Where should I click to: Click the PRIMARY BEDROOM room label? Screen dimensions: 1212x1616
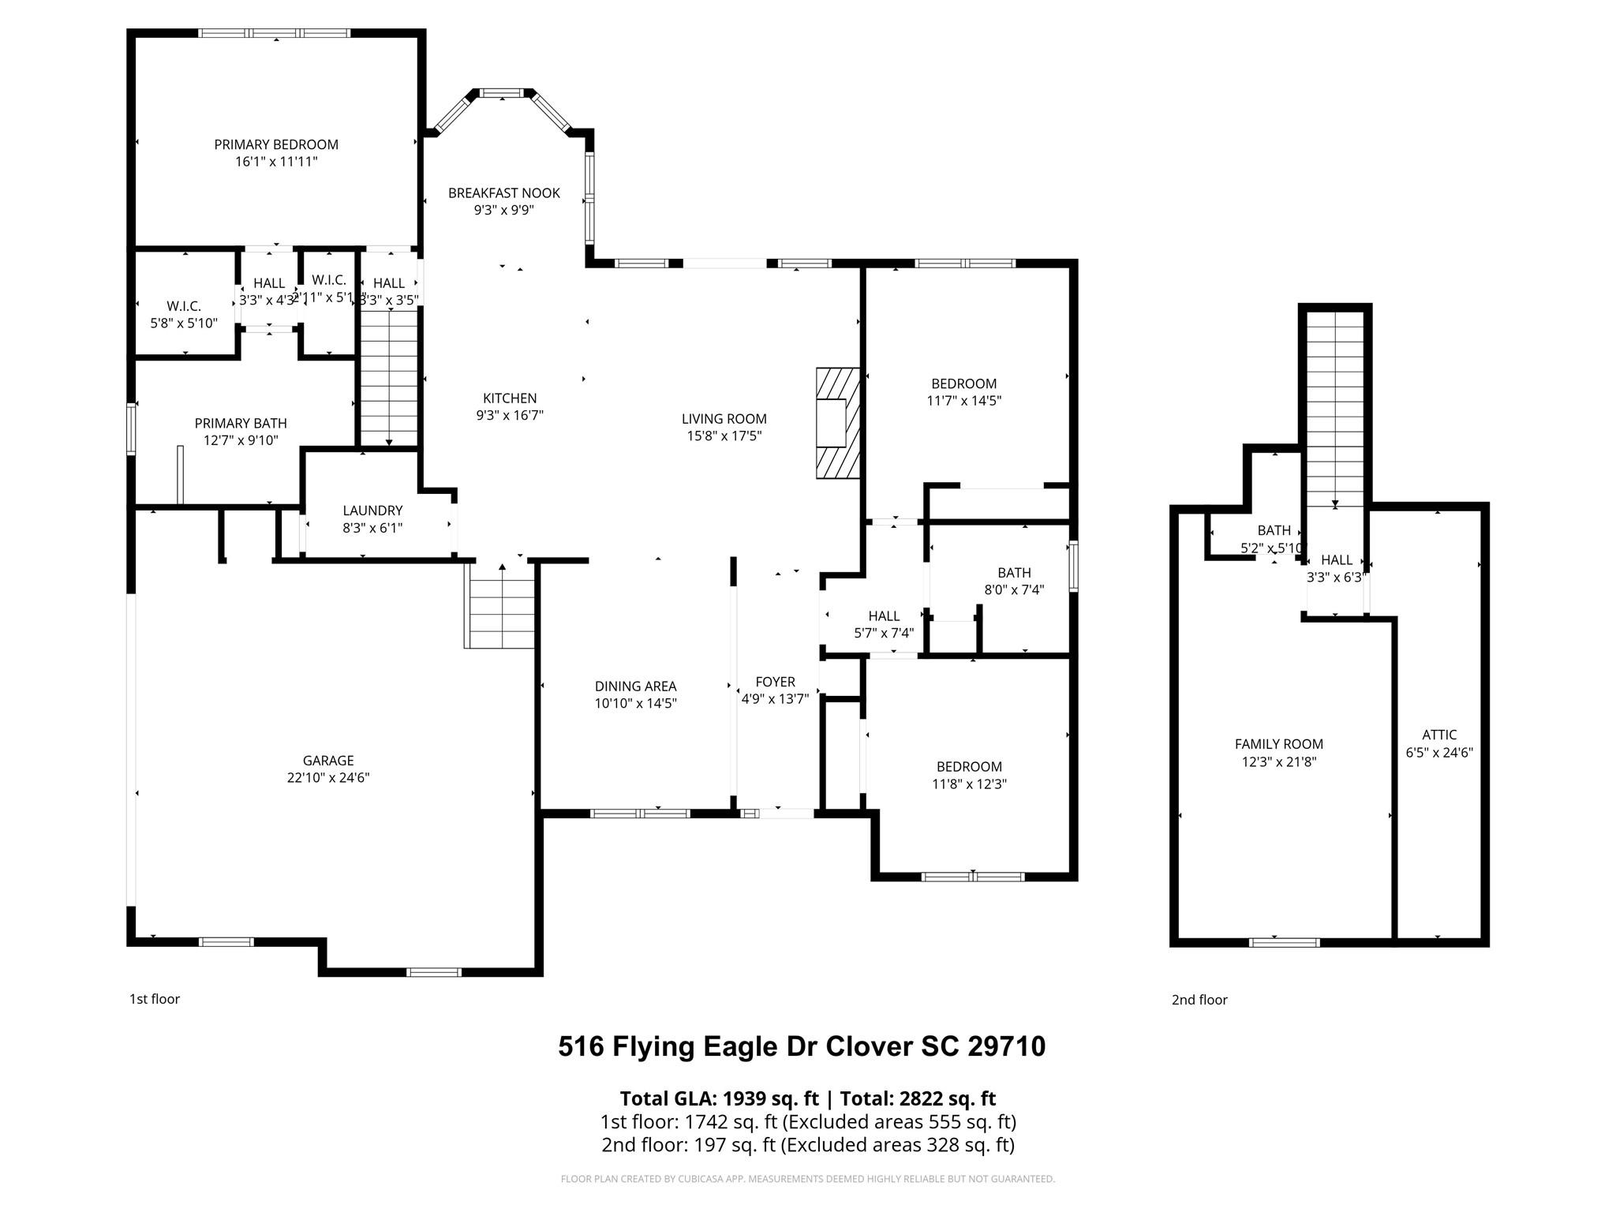coord(276,144)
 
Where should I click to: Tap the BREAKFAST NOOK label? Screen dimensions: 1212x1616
coord(504,193)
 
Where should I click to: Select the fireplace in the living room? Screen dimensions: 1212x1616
coord(837,423)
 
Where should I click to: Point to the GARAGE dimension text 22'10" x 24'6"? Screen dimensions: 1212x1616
coord(328,778)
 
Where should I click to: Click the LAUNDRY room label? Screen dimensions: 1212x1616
coord(372,511)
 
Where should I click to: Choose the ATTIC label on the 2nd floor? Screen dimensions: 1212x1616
coord(1439,735)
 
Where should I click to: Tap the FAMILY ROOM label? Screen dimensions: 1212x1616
coord(1278,744)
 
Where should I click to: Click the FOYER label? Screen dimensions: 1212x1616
coord(775,682)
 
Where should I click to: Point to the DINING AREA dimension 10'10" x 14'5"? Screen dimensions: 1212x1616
coord(635,704)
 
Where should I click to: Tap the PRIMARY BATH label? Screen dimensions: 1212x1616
coord(241,424)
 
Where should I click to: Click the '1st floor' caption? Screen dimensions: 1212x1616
coord(155,999)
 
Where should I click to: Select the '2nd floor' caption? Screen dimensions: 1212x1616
coord(1199,1000)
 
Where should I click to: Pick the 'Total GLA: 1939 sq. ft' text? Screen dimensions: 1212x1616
coord(719,1098)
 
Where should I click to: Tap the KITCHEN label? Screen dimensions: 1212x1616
coord(510,398)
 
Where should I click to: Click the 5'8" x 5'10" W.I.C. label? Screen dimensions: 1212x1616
coord(184,315)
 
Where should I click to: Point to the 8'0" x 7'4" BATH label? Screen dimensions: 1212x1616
coord(1014,581)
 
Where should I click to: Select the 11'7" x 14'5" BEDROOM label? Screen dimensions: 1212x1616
coord(963,392)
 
